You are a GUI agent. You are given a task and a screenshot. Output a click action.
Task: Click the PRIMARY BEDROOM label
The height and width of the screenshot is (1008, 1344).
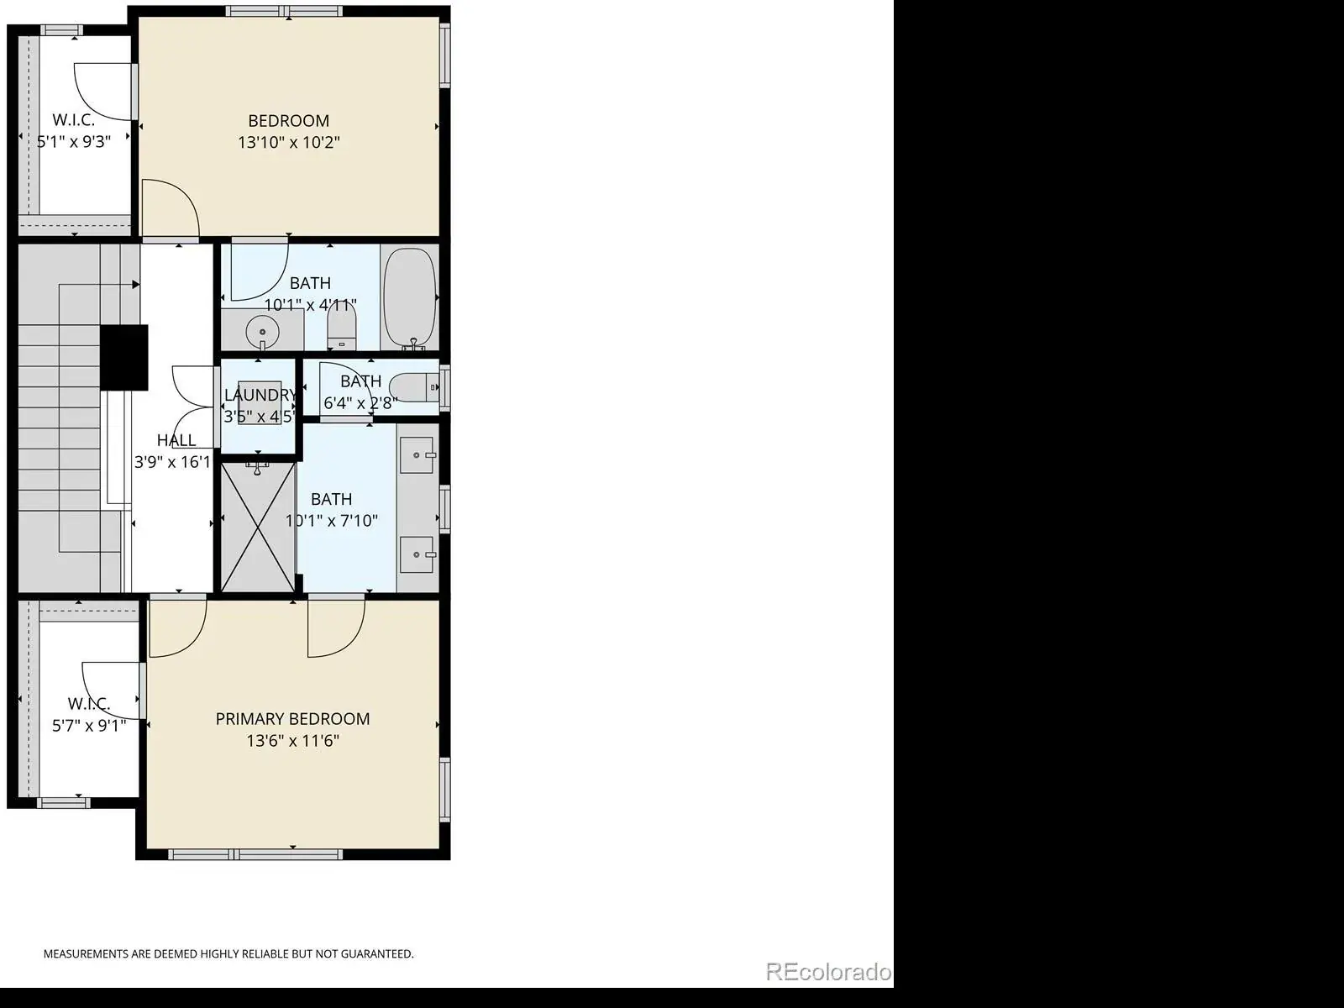[x=292, y=718]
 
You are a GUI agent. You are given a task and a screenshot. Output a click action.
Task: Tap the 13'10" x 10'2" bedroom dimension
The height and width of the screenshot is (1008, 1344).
[x=289, y=143]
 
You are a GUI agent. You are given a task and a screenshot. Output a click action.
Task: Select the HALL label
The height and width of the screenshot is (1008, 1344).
[x=176, y=440]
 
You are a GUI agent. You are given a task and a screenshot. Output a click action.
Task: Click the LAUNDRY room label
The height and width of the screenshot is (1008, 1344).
[x=260, y=395]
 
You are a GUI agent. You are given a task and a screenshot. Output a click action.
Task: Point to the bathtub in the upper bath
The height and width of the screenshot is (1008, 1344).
[x=410, y=298]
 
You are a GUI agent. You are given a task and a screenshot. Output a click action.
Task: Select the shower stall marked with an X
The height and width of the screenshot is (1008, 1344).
[x=258, y=527]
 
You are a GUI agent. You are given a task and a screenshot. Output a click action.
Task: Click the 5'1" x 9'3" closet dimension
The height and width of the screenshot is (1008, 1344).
[x=73, y=142]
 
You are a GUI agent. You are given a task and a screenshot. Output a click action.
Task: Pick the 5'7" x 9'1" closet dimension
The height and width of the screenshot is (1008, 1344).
[x=89, y=726]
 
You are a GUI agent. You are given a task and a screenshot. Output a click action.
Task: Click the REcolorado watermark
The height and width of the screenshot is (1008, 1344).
[x=828, y=971]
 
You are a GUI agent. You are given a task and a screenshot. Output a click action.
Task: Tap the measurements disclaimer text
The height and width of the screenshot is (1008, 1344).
[x=228, y=953]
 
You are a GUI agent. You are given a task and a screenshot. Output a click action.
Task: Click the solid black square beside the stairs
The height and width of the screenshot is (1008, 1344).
[x=124, y=358]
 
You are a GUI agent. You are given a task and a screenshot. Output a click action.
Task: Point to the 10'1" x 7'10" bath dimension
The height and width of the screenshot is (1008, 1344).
[x=331, y=521]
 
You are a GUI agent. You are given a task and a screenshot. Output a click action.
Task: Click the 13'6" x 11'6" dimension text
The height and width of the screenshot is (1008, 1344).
[x=292, y=741]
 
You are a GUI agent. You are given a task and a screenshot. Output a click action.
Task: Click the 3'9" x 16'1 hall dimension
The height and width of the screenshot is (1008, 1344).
[x=172, y=462]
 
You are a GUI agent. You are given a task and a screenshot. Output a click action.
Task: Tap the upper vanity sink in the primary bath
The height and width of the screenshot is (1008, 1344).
[x=417, y=455]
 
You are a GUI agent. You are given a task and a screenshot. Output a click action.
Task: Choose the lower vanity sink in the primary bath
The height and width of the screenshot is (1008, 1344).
[x=417, y=554]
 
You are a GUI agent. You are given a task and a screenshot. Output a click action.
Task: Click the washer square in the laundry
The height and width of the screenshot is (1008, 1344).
[x=260, y=402]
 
